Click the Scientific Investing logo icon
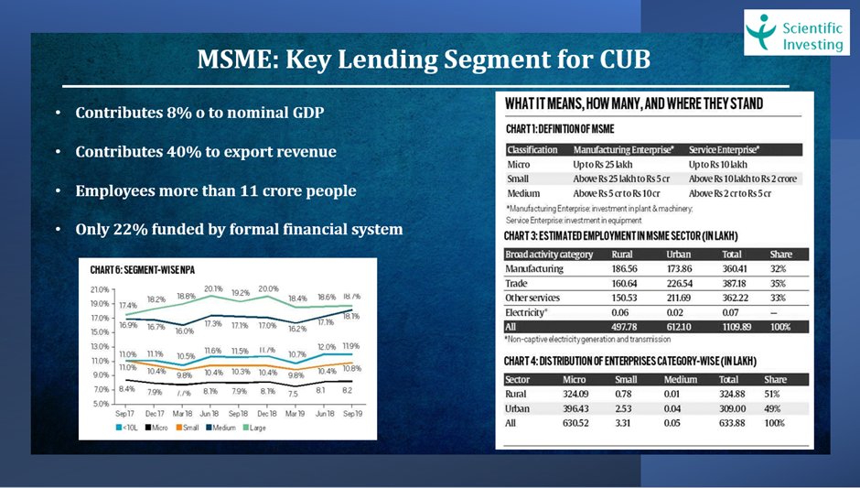click(x=763, y=31)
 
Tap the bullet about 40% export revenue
click(x=205, y=152)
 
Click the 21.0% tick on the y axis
click(x=100, y=289)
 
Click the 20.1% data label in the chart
click(x=212, y=288)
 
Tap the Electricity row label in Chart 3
click(x=526, y=313)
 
